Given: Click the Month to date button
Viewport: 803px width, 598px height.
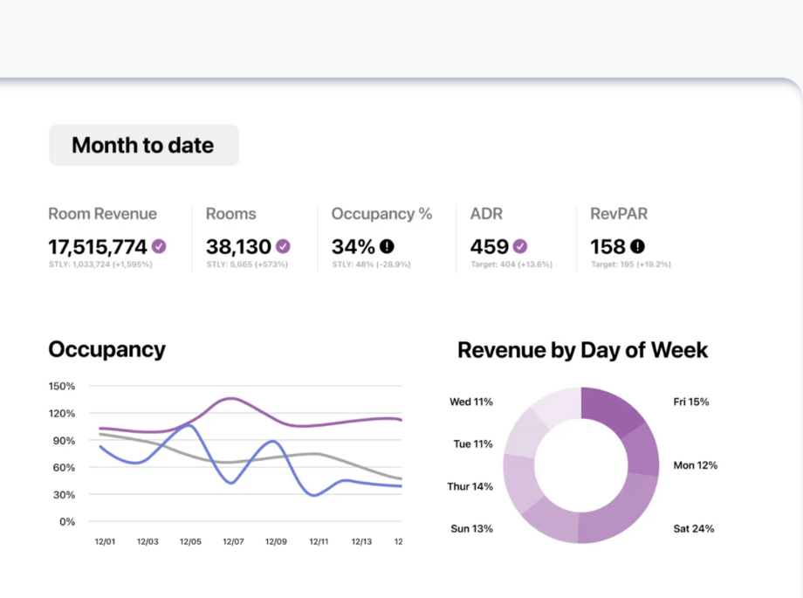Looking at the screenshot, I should [x=143, y=145].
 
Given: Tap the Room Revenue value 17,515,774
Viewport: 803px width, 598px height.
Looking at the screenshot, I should [x=97, y=247].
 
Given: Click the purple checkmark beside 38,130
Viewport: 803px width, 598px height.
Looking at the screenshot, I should [x=283, y=246].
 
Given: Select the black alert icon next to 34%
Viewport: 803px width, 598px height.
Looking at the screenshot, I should [x=387, y=246].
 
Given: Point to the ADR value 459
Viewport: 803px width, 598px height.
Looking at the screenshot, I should [x=489, y=247].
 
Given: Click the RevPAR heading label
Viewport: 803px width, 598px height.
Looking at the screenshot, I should [x=619, y=214].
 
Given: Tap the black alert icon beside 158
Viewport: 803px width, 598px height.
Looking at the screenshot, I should [x=637, y=246].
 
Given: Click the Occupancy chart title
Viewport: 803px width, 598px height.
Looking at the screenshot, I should [x=106, y=349].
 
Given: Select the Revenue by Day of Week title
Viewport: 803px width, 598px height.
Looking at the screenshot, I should [x=582, y=350].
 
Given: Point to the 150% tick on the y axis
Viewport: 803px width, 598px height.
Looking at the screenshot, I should [x=61, y=386].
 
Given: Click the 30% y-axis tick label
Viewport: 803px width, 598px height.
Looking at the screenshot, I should [x=64, y=494].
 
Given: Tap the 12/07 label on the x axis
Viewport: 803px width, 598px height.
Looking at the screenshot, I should [x=233, y=542].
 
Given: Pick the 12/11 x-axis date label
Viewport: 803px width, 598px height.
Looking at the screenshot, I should [x=319, y=542].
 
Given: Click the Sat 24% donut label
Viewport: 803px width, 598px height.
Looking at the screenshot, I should [x=694, y=528].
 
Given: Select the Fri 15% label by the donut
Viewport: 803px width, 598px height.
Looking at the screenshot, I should [x=691, y=402].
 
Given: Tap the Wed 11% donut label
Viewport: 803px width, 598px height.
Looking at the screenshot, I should [x=471, y=402].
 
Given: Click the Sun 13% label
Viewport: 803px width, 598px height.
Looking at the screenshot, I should [x=471, y=528].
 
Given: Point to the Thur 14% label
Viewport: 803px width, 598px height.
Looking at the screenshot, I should [x=470, y=486].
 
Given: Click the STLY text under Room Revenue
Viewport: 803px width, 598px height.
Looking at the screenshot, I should [x=100, y=265].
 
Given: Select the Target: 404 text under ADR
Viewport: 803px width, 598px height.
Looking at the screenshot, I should [x=511, y=265].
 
